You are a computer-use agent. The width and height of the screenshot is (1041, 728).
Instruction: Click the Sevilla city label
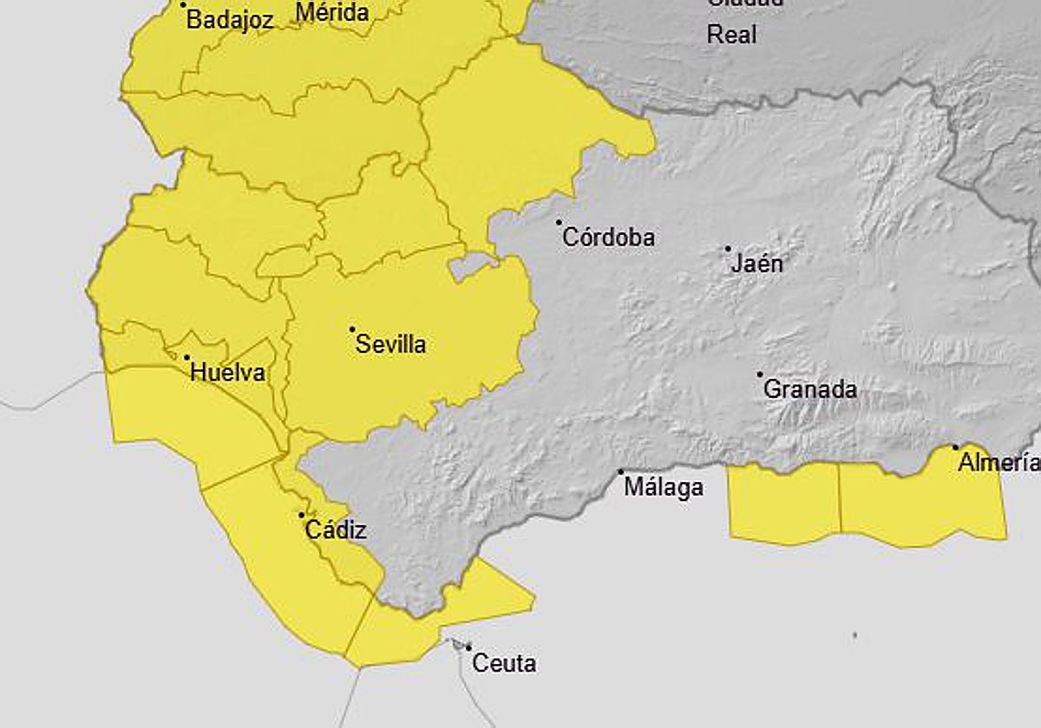click(391, 345)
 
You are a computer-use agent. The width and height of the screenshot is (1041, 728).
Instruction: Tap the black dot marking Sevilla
click(352, 329)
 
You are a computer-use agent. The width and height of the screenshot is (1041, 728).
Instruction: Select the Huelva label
click(227, 374)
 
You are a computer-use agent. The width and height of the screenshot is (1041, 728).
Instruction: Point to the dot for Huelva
click(187, 357)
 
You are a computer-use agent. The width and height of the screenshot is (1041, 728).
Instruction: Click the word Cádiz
click(336, 530)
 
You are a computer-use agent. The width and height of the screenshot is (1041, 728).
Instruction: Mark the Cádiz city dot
click(302, 515)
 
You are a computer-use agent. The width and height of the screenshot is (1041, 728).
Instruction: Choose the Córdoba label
click(608, 237)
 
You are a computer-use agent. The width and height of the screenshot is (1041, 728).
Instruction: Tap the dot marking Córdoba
click(560, 223)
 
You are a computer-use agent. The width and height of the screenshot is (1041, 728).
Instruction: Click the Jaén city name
click(756, 263)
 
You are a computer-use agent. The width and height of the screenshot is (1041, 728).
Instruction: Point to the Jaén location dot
click(728, 249)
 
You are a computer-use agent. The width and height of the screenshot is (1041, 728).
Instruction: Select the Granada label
click(809, 390)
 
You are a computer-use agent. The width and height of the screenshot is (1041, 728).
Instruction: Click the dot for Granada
click(760, 375)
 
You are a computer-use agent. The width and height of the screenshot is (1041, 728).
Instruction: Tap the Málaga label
click(664, 488)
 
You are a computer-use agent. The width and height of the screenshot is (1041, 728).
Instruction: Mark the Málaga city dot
click(621, 472)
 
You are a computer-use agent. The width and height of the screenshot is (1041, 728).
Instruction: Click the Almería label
click(998, 463)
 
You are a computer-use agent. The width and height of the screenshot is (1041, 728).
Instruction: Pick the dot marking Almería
click(956, 447)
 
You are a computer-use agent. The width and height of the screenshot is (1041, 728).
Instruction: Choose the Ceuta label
click(504, 664)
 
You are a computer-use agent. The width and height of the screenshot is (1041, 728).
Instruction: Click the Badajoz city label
click(230, 20)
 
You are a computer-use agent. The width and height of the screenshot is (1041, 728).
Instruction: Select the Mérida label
click(332, 13)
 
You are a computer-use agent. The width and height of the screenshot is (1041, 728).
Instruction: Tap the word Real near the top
click(731, 35)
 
